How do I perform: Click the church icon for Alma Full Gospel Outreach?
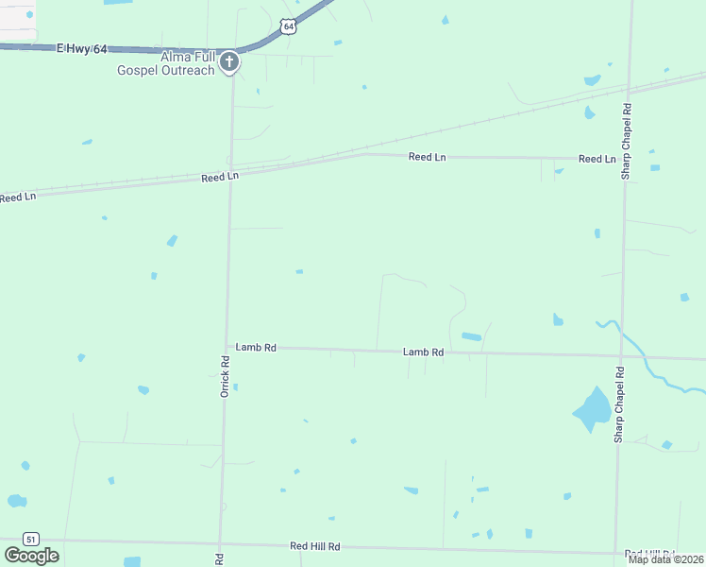227,63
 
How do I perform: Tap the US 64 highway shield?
289,27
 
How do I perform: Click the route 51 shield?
31,539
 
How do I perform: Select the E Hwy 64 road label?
81,48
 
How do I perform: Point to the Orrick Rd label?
225,375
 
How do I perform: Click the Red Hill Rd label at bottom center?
314,547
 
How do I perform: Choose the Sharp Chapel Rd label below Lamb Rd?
619,404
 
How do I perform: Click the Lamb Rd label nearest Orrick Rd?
256,348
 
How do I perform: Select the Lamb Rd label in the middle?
423,352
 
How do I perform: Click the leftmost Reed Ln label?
17,197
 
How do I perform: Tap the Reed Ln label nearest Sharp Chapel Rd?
597,159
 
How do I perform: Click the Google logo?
31,556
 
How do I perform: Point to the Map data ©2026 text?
665,559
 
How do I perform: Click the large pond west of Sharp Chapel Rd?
592,408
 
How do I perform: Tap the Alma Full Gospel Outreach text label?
167,63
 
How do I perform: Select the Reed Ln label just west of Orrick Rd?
220,177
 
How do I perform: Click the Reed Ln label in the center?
427,157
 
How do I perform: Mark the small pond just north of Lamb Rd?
470,336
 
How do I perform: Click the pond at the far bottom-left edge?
16,501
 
